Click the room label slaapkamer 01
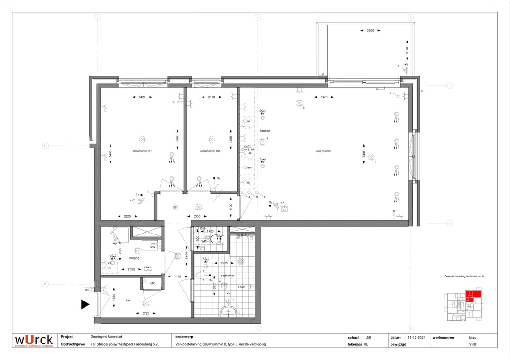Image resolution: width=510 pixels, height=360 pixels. point(142,151)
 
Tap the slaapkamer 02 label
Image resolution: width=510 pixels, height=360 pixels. point(210,151)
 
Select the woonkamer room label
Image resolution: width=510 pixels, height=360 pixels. point(323,151)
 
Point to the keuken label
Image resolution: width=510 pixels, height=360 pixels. point(264,131)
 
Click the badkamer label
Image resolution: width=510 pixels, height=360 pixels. point(228,276)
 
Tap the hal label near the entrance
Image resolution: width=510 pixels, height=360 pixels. point(127,300)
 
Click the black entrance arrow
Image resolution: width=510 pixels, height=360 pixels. point(85,305)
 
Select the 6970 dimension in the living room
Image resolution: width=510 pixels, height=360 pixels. point(323,97)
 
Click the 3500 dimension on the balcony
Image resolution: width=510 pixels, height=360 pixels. point(370,30)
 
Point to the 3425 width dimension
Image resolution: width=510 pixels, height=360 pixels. point(141,97)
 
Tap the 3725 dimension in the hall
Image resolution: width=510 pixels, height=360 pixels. point(145,313)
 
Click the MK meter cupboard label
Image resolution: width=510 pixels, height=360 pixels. point(153,283)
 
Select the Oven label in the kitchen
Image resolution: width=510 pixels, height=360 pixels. point(249,167)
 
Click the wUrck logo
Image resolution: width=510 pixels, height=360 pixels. point(34,340)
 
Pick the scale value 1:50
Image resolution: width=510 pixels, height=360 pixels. point(367,337)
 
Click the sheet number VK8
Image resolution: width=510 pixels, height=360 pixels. point(472,344)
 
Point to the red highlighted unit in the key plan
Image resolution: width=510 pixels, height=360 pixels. point(473,296)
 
